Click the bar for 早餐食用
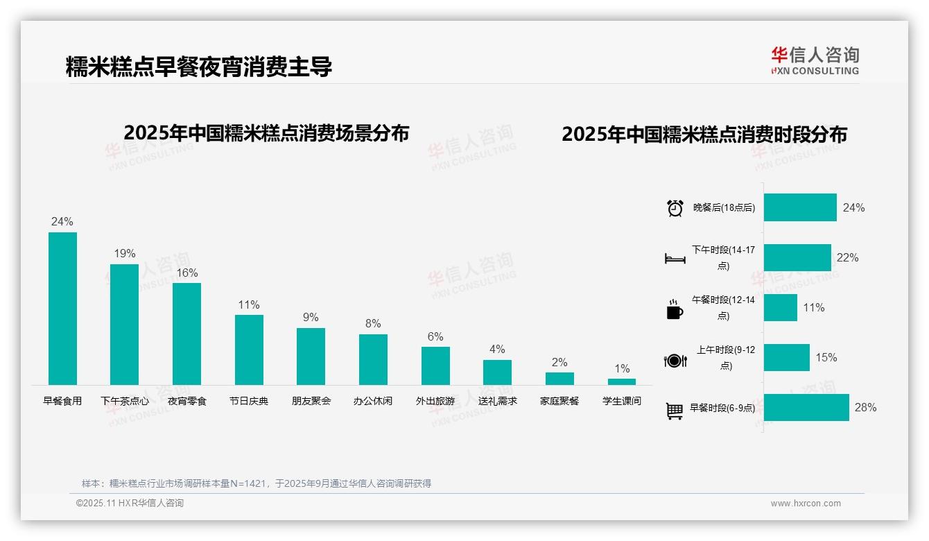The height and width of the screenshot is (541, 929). pyautogui.click(x=62, y=309)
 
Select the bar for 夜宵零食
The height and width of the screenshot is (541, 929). pyautogui.click(x=186, y=334)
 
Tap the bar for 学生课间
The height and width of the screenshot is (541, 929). pyautogui.click(x=621, y=381)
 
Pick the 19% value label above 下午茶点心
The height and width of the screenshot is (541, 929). pyautogui.click(x=125, y=254)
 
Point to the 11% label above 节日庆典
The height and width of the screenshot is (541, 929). pyautogui.click(x=248, y=305)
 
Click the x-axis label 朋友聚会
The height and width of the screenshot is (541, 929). pyautogui.click(x=311, y=401)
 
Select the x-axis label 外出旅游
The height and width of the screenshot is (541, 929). pyautogui.click(x=435, y=401)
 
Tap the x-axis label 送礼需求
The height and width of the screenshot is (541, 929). pyautogui.click(x=497, y=401)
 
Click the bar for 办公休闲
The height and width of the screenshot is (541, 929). pyautogui.click(x=373, y=359)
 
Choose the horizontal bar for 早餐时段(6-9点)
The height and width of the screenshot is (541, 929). pyautogui.click(x=806, y=407)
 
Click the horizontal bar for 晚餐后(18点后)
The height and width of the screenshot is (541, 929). pyautogui.click(x=800, y=207)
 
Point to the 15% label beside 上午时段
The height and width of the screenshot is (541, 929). pyautogui.click(x=826, y=358)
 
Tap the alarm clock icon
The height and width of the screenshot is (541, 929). pyautogui.click(x=675, y=208)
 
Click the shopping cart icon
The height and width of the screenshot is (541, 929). pyautogui.click(x=675, y=411)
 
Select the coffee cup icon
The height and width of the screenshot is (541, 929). pyautogui.click(x=675, y=310)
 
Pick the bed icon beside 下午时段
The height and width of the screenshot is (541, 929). pyautogui.click(x=675, y=259)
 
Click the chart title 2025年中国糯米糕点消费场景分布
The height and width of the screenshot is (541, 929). pyautogui.click(x=266, y=133)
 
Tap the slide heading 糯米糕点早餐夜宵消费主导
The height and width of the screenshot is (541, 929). pyautogui.click(x=199, y=67)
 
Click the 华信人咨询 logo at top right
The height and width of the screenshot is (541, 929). pyautogui.click(x=815, y=60)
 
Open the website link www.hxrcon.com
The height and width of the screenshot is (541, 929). pyautogui.click(x=805, y=504)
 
